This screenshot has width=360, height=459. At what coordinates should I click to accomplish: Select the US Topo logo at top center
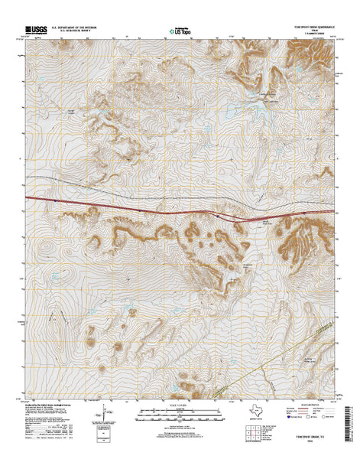tap(180, 31)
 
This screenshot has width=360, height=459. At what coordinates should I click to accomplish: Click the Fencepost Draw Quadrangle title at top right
tap(311, 28)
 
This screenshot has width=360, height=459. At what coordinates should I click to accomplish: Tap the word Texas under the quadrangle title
tap(321, 32)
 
